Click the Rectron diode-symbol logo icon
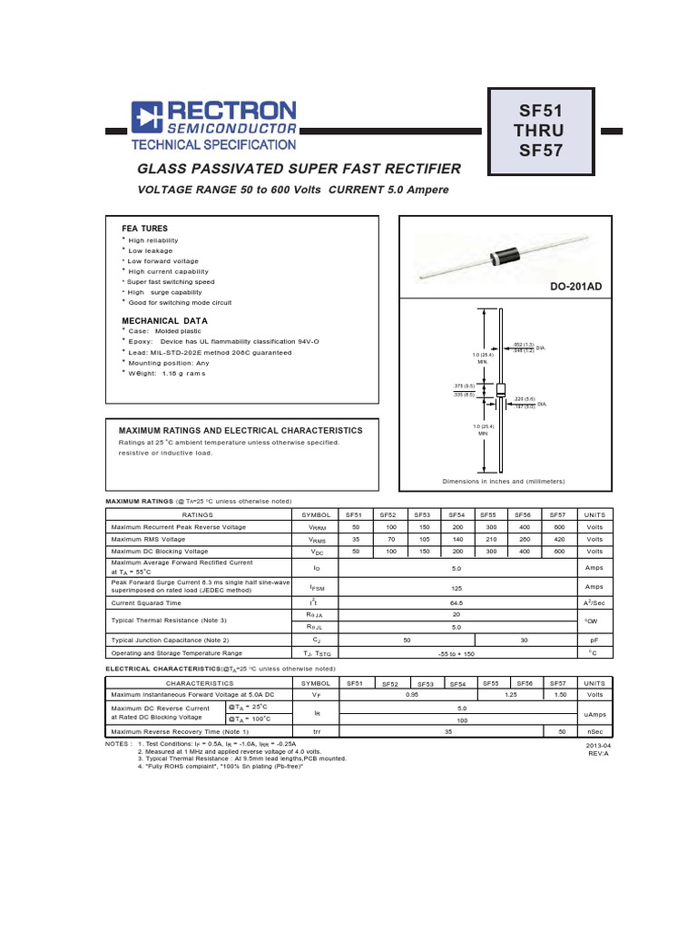(x=145, y=120)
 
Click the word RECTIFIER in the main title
(x=417, y=170)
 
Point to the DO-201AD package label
(x=575, y=287)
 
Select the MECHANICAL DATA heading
(x=165, y=321)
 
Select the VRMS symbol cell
(x=317, y=539)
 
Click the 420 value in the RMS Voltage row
(x=559, y=539)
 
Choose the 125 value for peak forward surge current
(x=457, y=586)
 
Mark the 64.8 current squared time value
(x=457, y=602)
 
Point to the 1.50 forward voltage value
(x=559, y=694)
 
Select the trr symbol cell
(x=317, y=730)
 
